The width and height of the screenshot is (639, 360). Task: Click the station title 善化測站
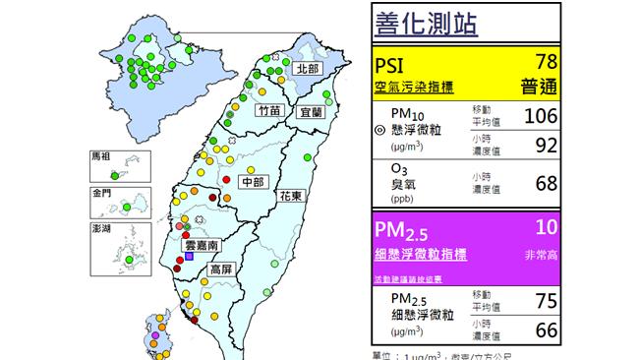click(x=427, y=23)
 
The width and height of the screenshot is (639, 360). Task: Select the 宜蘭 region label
click(x=310, y=112)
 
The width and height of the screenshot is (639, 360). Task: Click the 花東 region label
click(x=293, y=198)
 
